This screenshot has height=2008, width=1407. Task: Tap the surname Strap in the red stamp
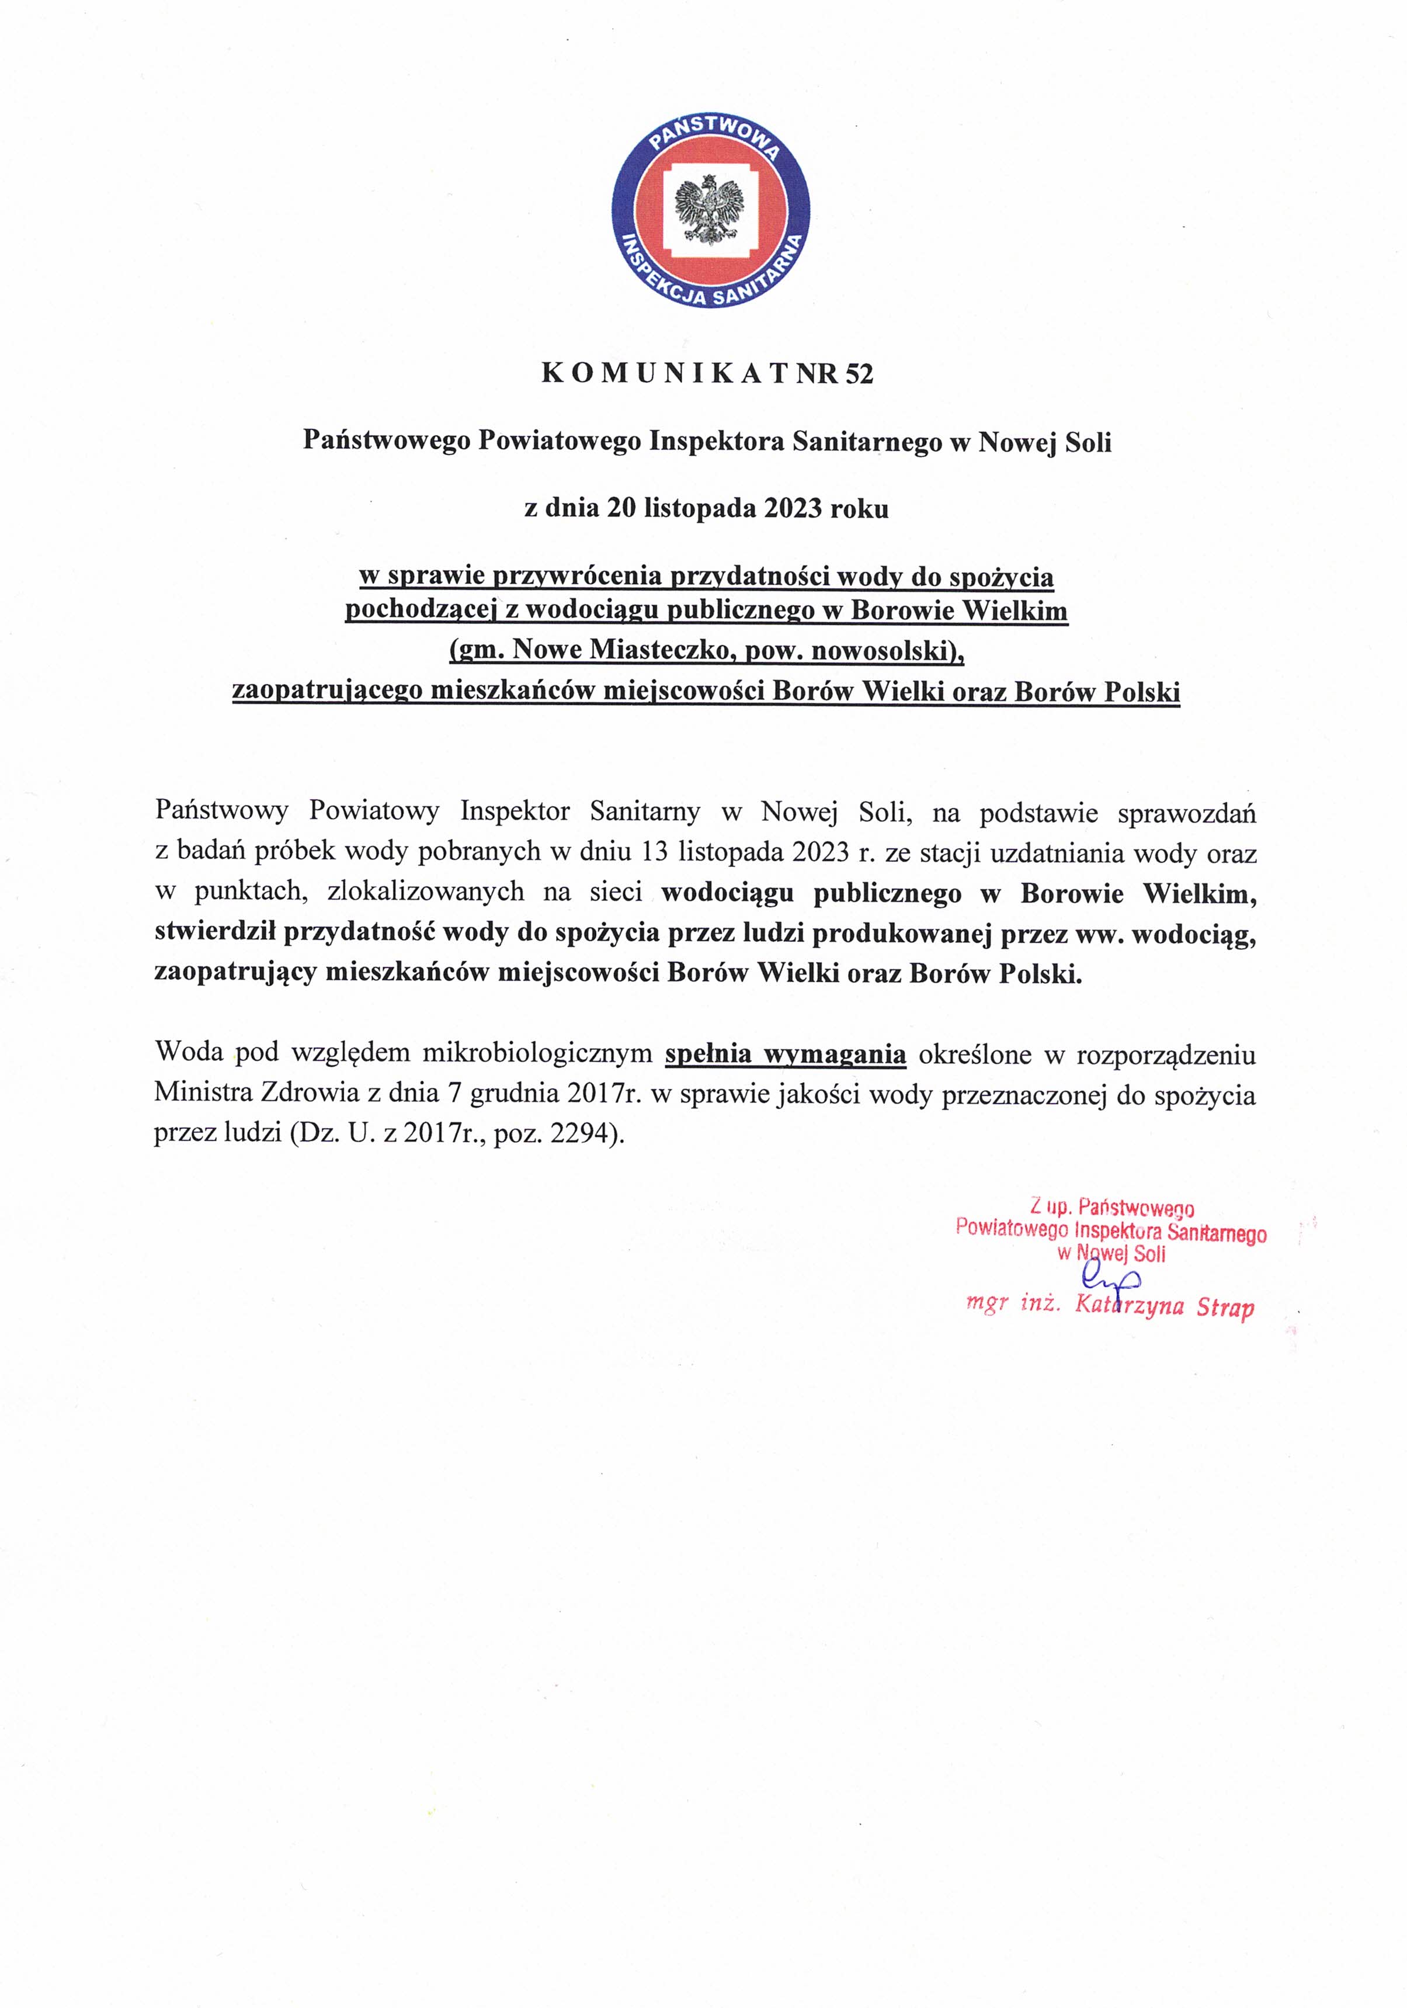click(x=1225, y=1308)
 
